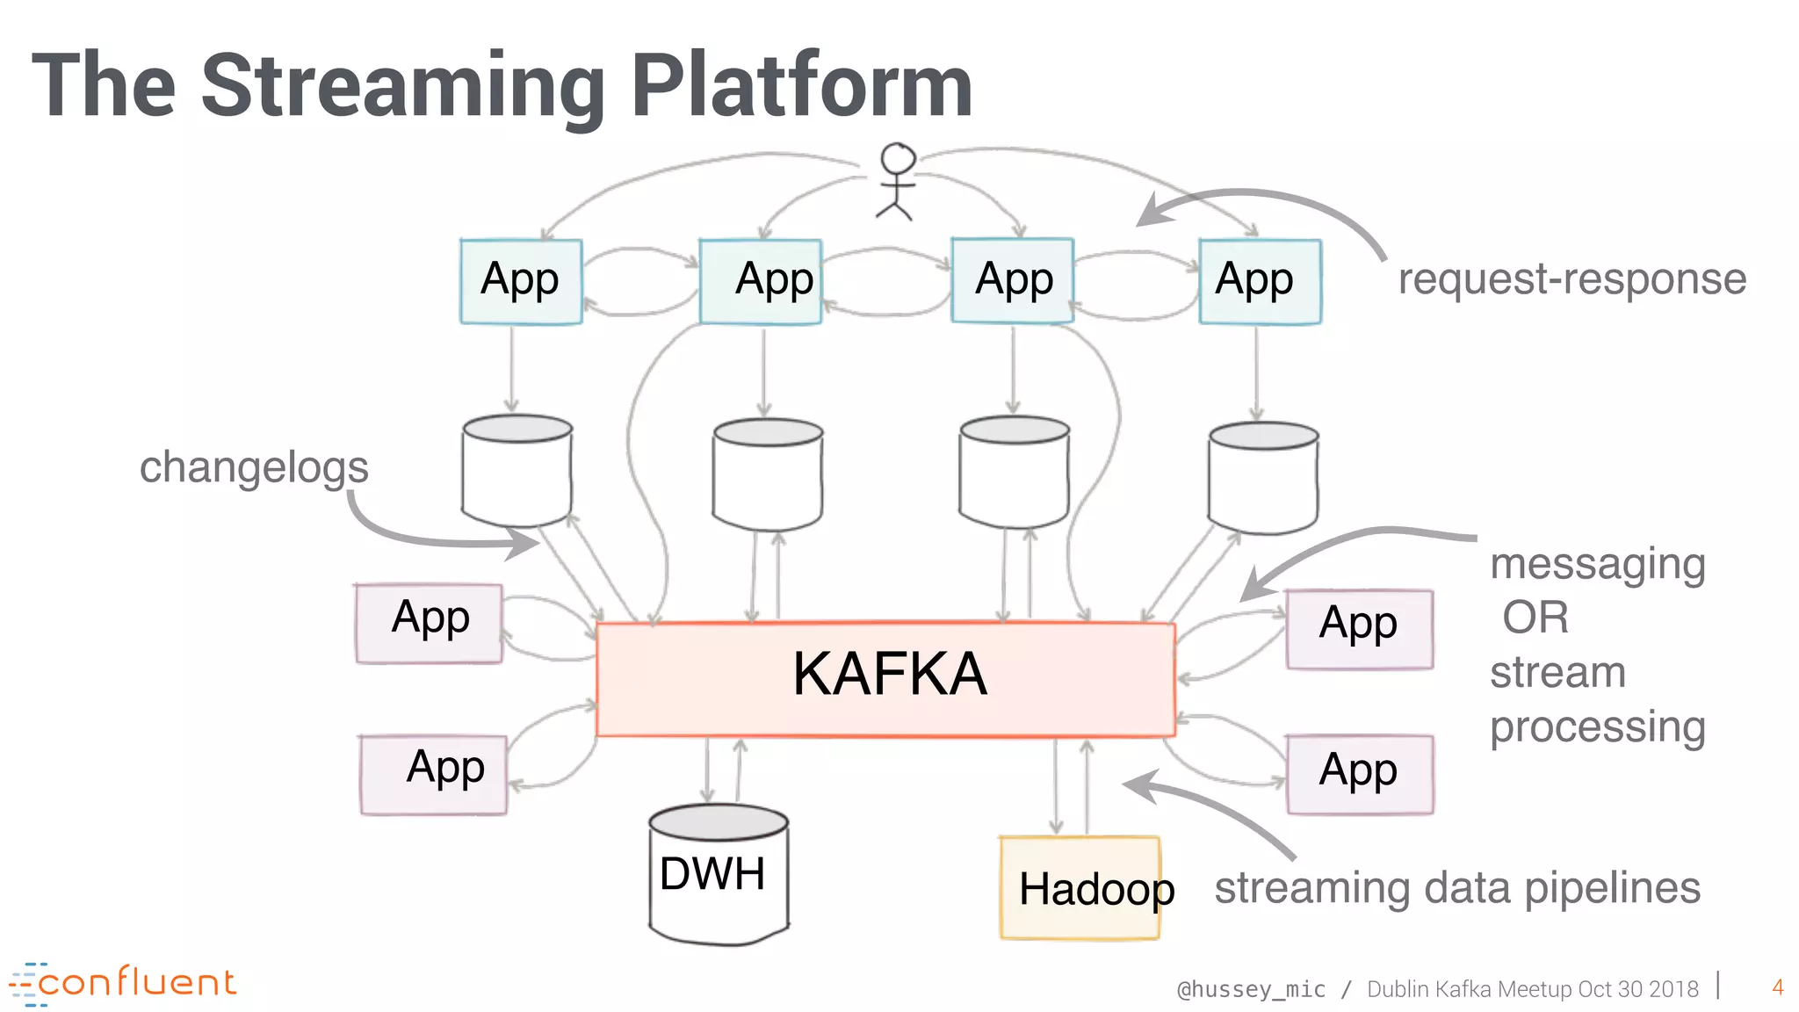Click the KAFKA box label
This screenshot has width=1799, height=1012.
click(x=889, y=675)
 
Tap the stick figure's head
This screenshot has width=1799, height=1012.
click(x=898, y=159)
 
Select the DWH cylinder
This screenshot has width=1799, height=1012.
click(x=718, y=874)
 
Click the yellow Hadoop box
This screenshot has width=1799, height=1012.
click(x=1080, y=887)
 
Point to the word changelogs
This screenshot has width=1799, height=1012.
click(x=254, y=467)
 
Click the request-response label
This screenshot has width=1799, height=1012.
click(x=1571, y=279)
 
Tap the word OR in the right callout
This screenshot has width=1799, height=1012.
click(x=1535, y=618)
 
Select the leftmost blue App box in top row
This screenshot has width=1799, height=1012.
click(x=521, y=281)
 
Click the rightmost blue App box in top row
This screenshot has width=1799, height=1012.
click(x=1259, y=281)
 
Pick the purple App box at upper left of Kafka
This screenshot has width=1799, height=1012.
click(x=430, y=623)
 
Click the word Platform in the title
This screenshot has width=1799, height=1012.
click(x=801, y=86)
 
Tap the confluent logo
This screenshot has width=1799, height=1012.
click(x=123, y=983)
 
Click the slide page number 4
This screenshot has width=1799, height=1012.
click(x=1777, y=987)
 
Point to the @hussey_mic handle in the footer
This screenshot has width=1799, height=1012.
click(x=1251, y=989)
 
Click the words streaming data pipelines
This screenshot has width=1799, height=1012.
click(x=1456, y=888)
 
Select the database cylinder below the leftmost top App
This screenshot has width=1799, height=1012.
click(x=517, y=472)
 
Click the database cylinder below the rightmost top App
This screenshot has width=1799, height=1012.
click(x=1262, y=479)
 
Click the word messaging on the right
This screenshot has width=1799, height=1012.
click(x=1598, y=564)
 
